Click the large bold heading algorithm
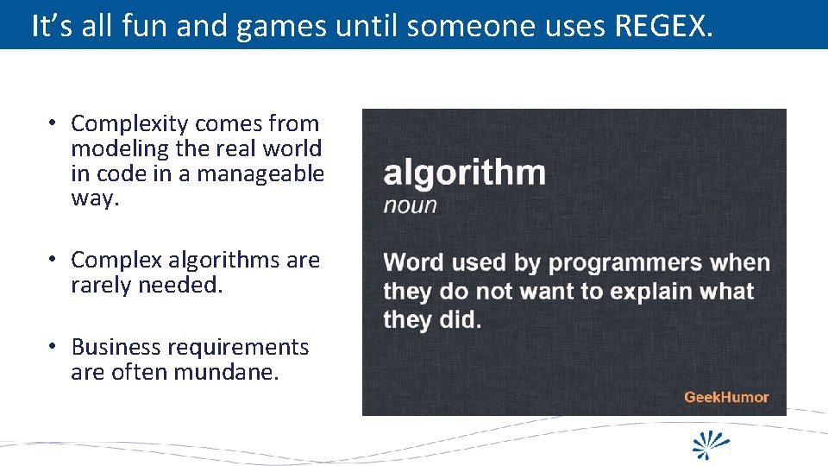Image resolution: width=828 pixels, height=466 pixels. click(464, 173)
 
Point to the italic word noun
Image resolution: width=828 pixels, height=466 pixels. click(410, 205)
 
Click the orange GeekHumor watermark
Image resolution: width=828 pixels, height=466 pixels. click(725, 397)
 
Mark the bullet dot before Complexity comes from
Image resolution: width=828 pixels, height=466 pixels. click(53, 124)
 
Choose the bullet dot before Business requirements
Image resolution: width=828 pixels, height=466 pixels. click(53, 347)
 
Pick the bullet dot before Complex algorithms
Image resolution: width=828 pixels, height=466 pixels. click(53, 260)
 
